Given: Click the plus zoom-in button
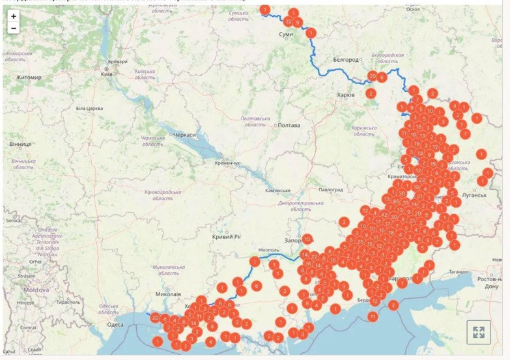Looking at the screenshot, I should [14, 16].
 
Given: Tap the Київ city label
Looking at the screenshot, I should [107, 74].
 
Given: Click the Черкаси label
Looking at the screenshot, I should [184, 134].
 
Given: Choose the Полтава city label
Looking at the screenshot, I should [289, 125].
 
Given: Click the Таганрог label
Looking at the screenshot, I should [457, 272].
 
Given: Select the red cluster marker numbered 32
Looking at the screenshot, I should [288, 21].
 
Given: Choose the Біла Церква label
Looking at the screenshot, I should [90, 108].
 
